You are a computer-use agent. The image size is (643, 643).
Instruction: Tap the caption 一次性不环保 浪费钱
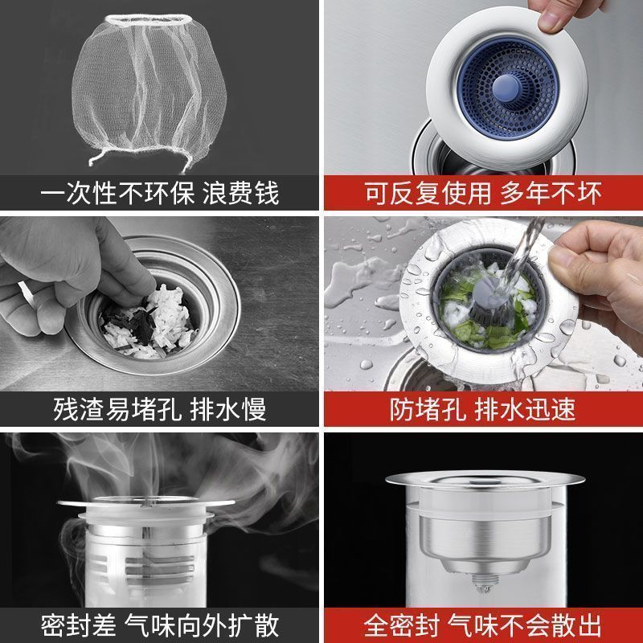point(160,194)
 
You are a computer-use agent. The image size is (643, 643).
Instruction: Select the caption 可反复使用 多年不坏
point(483,194)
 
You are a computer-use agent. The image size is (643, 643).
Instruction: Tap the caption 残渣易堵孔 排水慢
point(160,409)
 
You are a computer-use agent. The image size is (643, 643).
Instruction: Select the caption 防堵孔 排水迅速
point(483,409)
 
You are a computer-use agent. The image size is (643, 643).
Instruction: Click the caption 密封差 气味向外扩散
point(160,623)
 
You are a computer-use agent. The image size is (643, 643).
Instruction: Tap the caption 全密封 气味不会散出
point(483,623)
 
